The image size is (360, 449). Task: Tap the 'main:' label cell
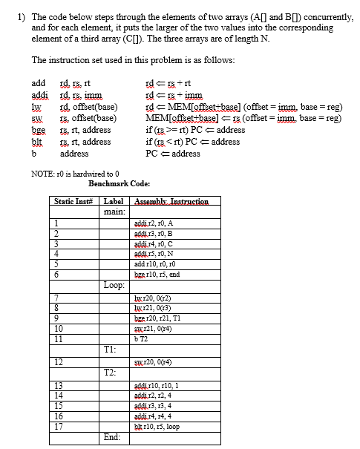(x=113, y=211)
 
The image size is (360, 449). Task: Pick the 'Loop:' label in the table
(x=114, y=284)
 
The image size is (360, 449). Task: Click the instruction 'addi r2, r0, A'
(x=152, y=223)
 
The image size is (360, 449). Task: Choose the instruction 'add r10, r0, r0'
(x=154, y=263)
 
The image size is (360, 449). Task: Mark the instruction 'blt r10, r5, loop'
(x=156, y=427)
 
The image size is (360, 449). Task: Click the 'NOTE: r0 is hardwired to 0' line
(x=75, y=172)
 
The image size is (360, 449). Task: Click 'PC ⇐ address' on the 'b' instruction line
(x=175, y=154)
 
